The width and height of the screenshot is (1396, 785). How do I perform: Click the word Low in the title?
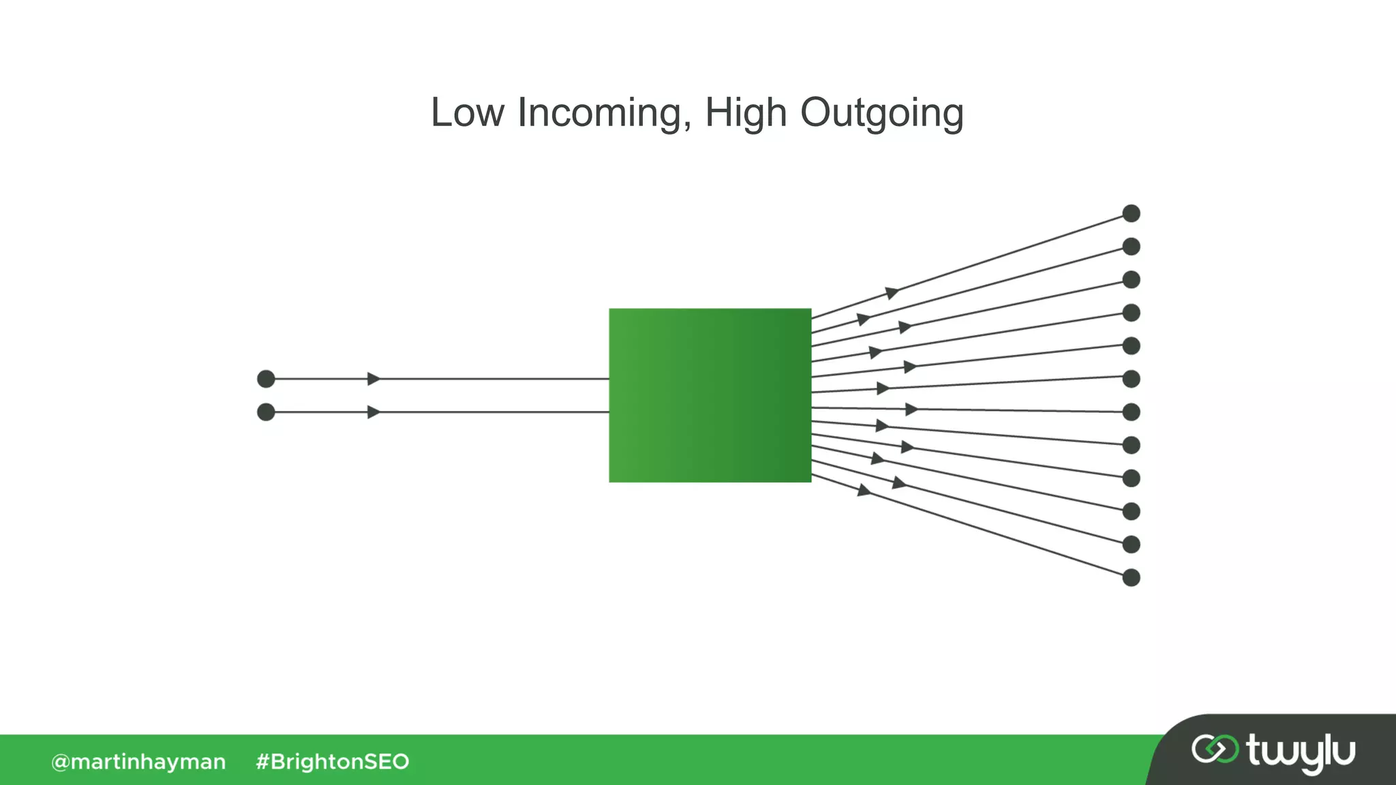(x=467, y=112)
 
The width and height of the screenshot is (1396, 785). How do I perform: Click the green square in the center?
(x=710, y=395)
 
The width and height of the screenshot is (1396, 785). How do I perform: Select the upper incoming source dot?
(x=266, y=379)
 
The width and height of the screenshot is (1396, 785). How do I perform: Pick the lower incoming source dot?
(x=266, y=412)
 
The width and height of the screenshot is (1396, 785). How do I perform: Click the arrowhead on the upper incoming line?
(x=374, y=379)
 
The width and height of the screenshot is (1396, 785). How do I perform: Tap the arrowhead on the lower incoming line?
(x=374, y=412)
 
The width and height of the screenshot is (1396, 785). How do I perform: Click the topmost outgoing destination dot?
(x=1131, y=213)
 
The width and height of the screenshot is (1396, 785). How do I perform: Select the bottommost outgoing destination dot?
(x=1131, y=578)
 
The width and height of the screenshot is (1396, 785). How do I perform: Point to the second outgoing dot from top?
(x=1131, y=247)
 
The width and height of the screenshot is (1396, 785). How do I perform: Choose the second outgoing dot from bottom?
(x=1131, y=544)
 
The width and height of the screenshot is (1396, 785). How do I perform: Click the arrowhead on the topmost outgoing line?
(x=892, y=293)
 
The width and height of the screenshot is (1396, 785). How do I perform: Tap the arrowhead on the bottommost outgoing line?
(x=864, y=490)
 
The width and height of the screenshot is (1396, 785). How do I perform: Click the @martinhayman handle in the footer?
(x=138, y=762)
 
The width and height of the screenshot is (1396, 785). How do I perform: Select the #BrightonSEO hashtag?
(x=333, y=762)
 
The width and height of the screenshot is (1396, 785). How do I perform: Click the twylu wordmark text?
(x=1301, y=752)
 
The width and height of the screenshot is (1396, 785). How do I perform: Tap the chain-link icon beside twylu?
(x=1215, y=749)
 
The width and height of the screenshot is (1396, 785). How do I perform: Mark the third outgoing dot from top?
(x=1131, y=279)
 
